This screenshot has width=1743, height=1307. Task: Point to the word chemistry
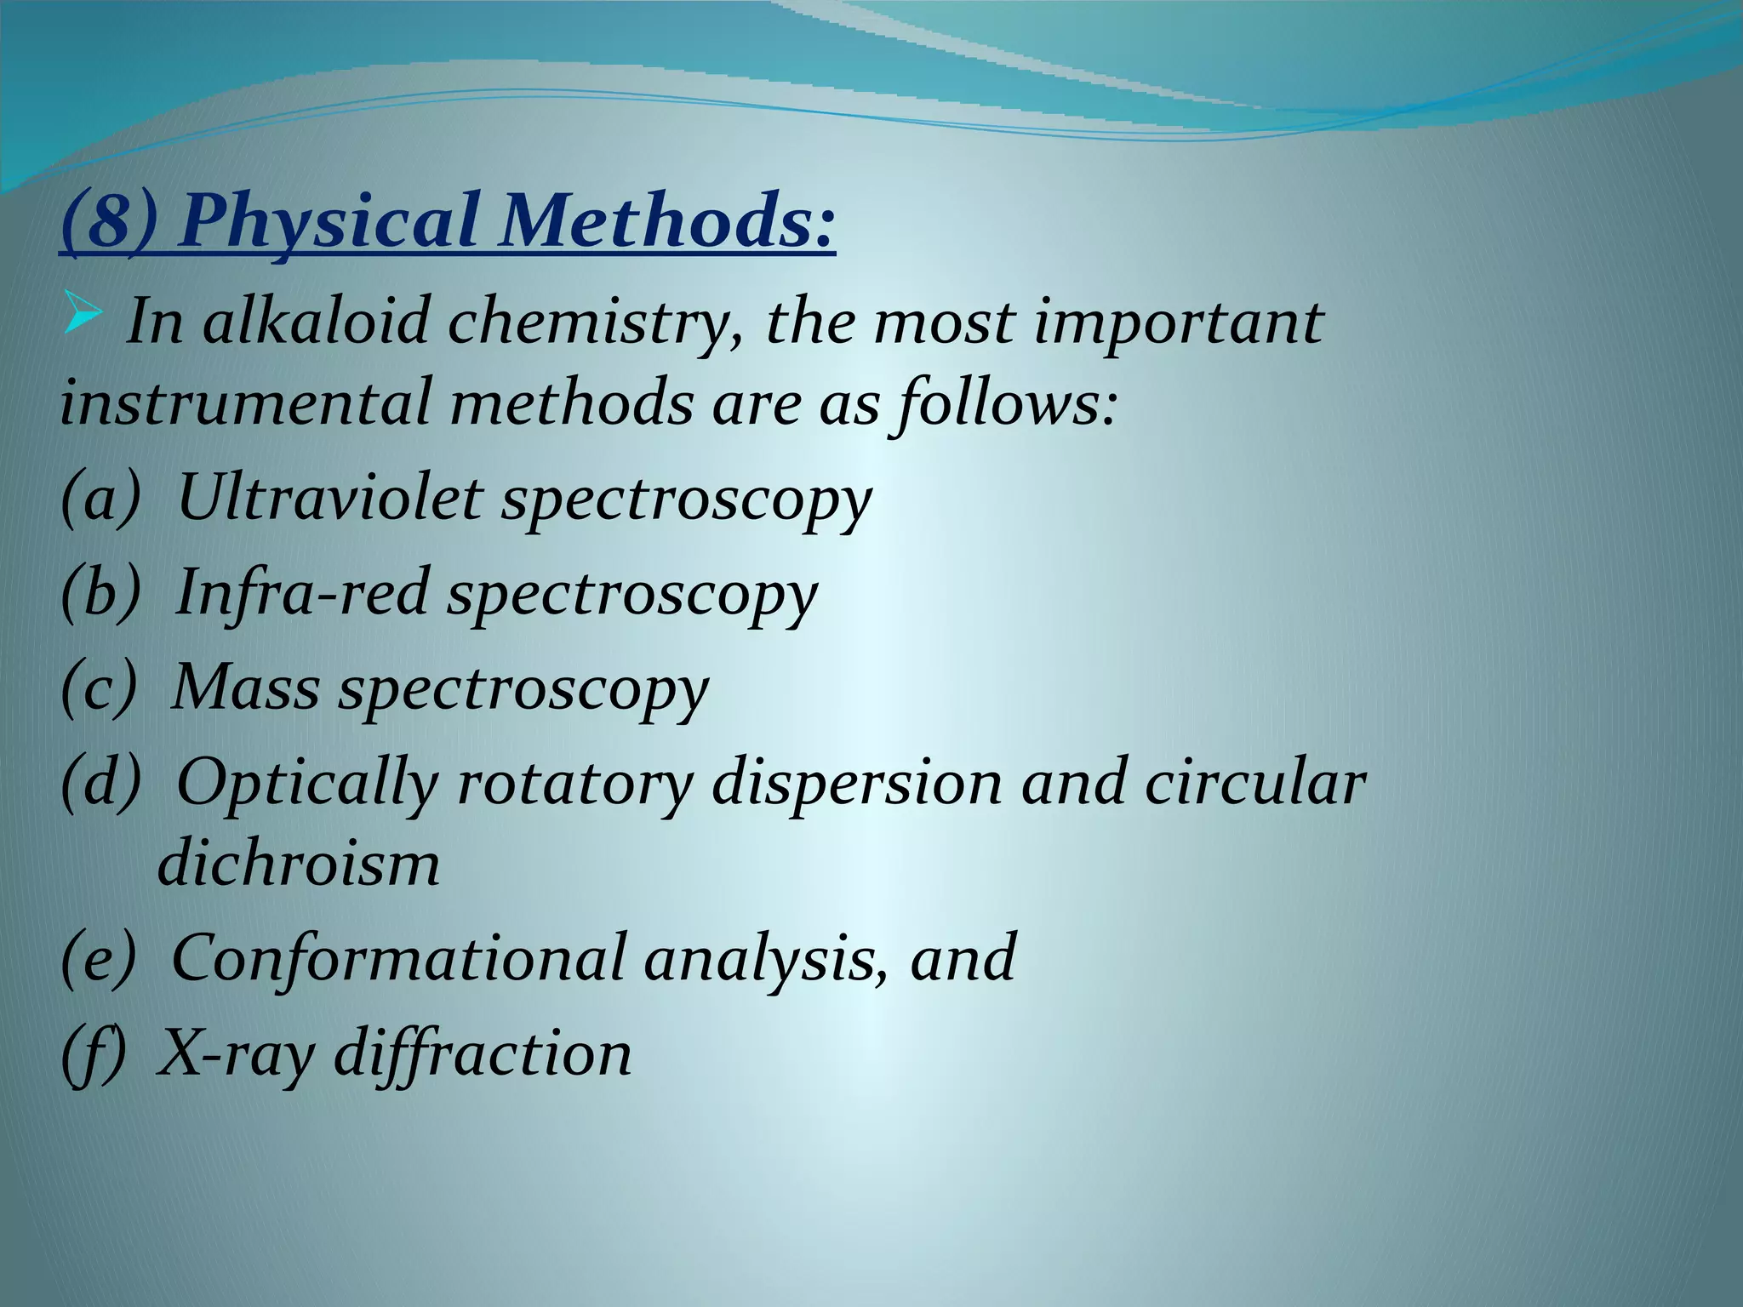595,324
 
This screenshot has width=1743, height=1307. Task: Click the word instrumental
246,402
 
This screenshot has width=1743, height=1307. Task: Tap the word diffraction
482,1053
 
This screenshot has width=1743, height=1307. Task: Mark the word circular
1254,782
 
